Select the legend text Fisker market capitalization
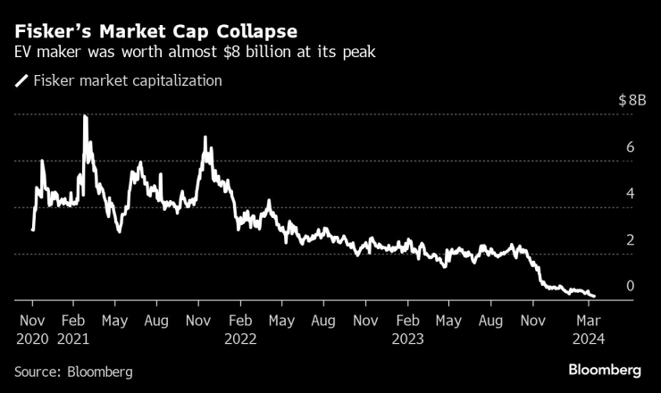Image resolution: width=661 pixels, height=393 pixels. click(128, 81)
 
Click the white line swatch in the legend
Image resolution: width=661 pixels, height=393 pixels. click(21, 81)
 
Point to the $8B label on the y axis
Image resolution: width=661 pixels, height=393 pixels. click(632, 101)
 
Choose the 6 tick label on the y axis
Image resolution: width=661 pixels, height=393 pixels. click(631, 147)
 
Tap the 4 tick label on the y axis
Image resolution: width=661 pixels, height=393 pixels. click(631, 194)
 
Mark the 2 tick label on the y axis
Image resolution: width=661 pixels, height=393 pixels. click(631, 240)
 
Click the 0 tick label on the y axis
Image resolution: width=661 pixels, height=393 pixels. click(631, 287)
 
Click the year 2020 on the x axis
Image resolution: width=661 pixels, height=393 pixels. click(32, 339)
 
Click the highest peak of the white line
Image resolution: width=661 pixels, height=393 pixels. click(85, 116)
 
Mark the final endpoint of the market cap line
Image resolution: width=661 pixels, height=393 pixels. click(594, 297)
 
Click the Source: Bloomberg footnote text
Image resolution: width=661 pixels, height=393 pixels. click(73, 371)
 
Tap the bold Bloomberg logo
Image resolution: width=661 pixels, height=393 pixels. click(606, 370)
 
